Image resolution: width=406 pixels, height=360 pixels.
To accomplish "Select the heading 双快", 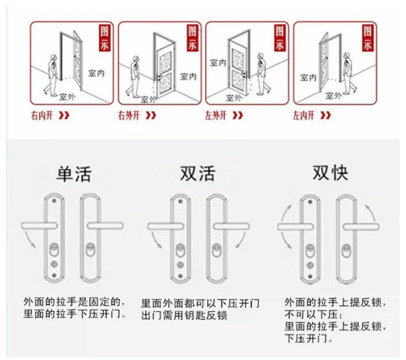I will tap(330, 173).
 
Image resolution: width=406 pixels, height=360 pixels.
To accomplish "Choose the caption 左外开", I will tap(215, 116).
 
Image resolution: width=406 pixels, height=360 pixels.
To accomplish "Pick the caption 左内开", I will tap(302, 116).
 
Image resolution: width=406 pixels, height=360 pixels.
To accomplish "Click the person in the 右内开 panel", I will tap(51, 74).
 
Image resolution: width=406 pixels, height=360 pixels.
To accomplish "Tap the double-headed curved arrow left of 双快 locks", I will tap(286, 227).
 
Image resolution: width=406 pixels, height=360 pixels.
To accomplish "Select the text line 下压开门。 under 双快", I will tap(309, 339).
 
